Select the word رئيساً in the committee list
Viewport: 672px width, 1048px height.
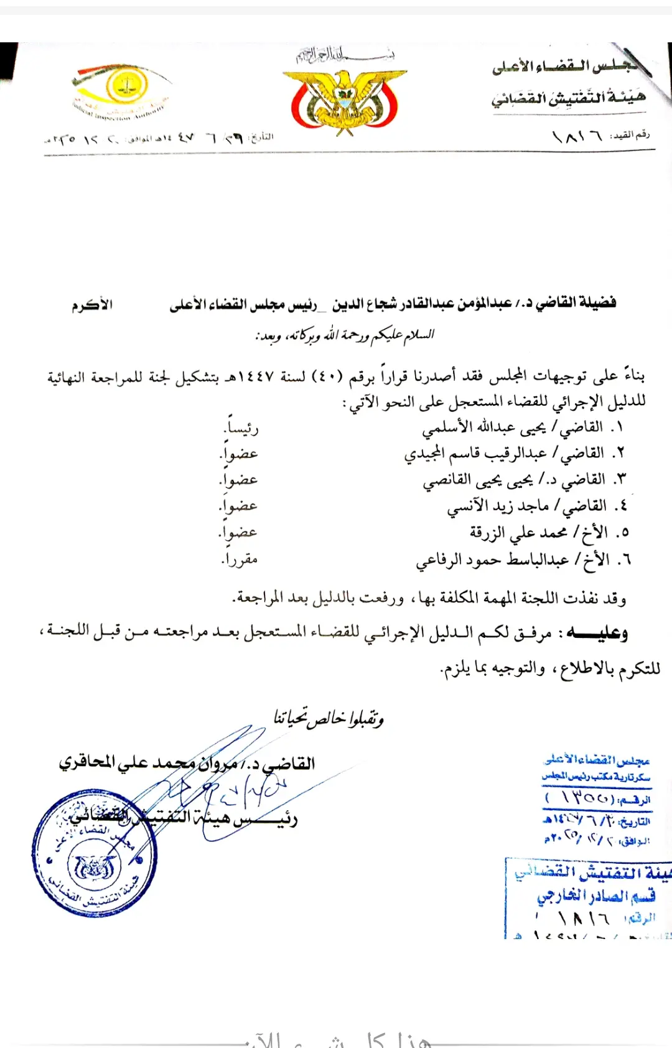[x=241, y=428]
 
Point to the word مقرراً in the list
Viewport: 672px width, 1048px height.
[x=240, y=559]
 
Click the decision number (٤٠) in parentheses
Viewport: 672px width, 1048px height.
[x=327, y=377]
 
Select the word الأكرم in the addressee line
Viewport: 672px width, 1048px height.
[x=92, y=305]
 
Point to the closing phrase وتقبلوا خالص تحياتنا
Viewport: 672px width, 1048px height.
[x=329, y=718]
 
